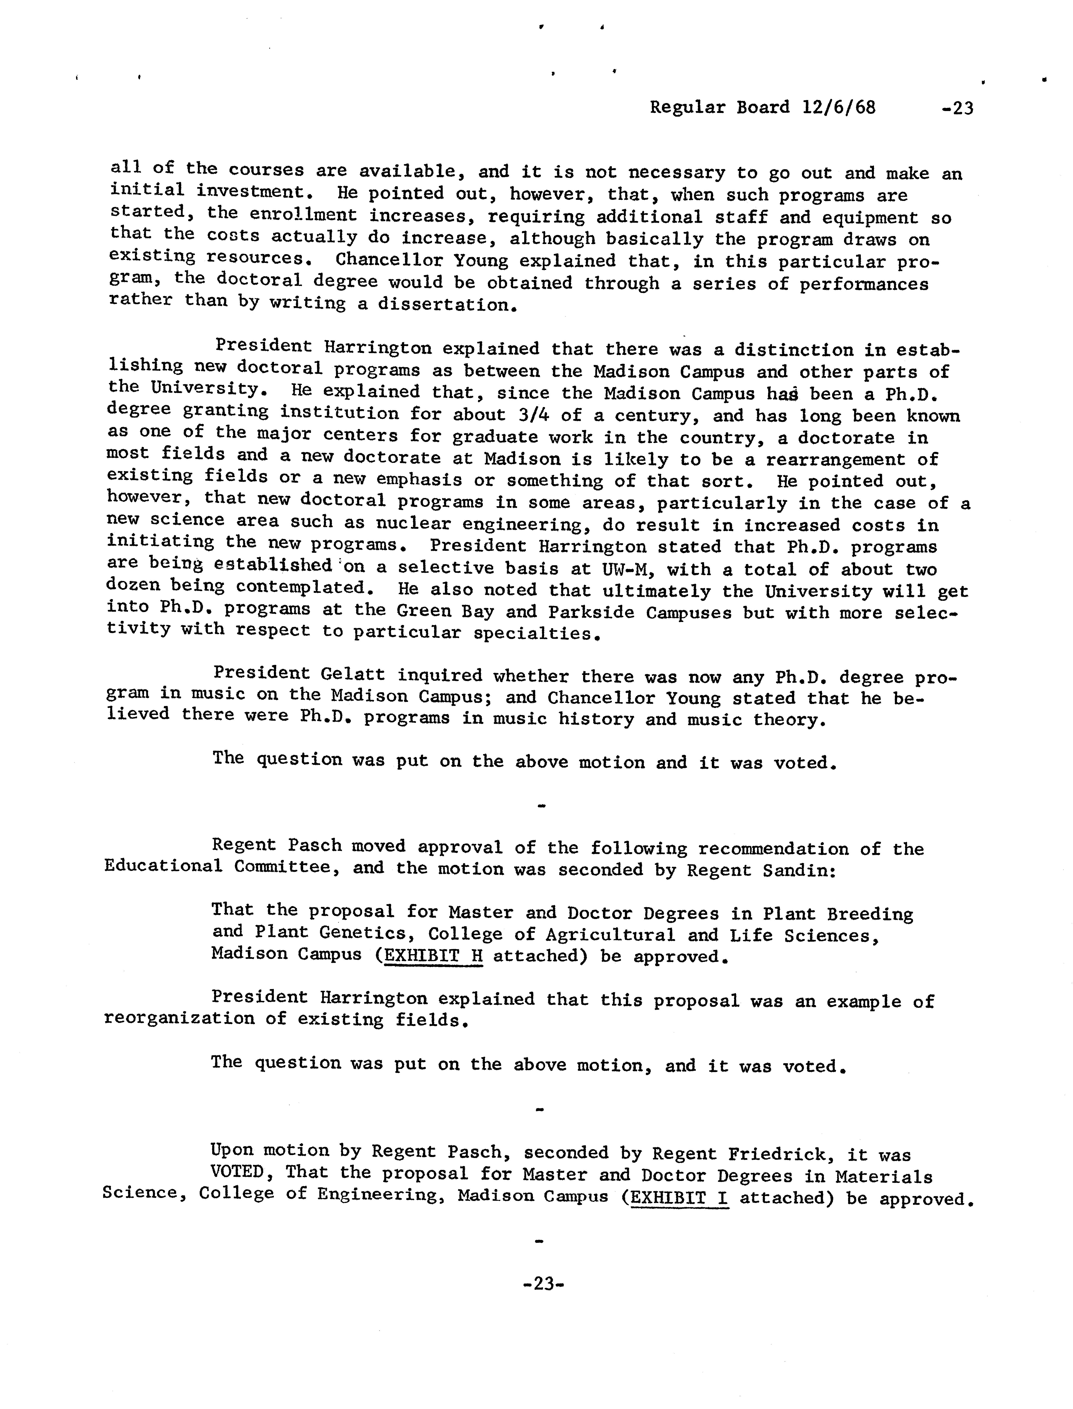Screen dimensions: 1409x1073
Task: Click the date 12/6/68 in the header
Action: point(839,107)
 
